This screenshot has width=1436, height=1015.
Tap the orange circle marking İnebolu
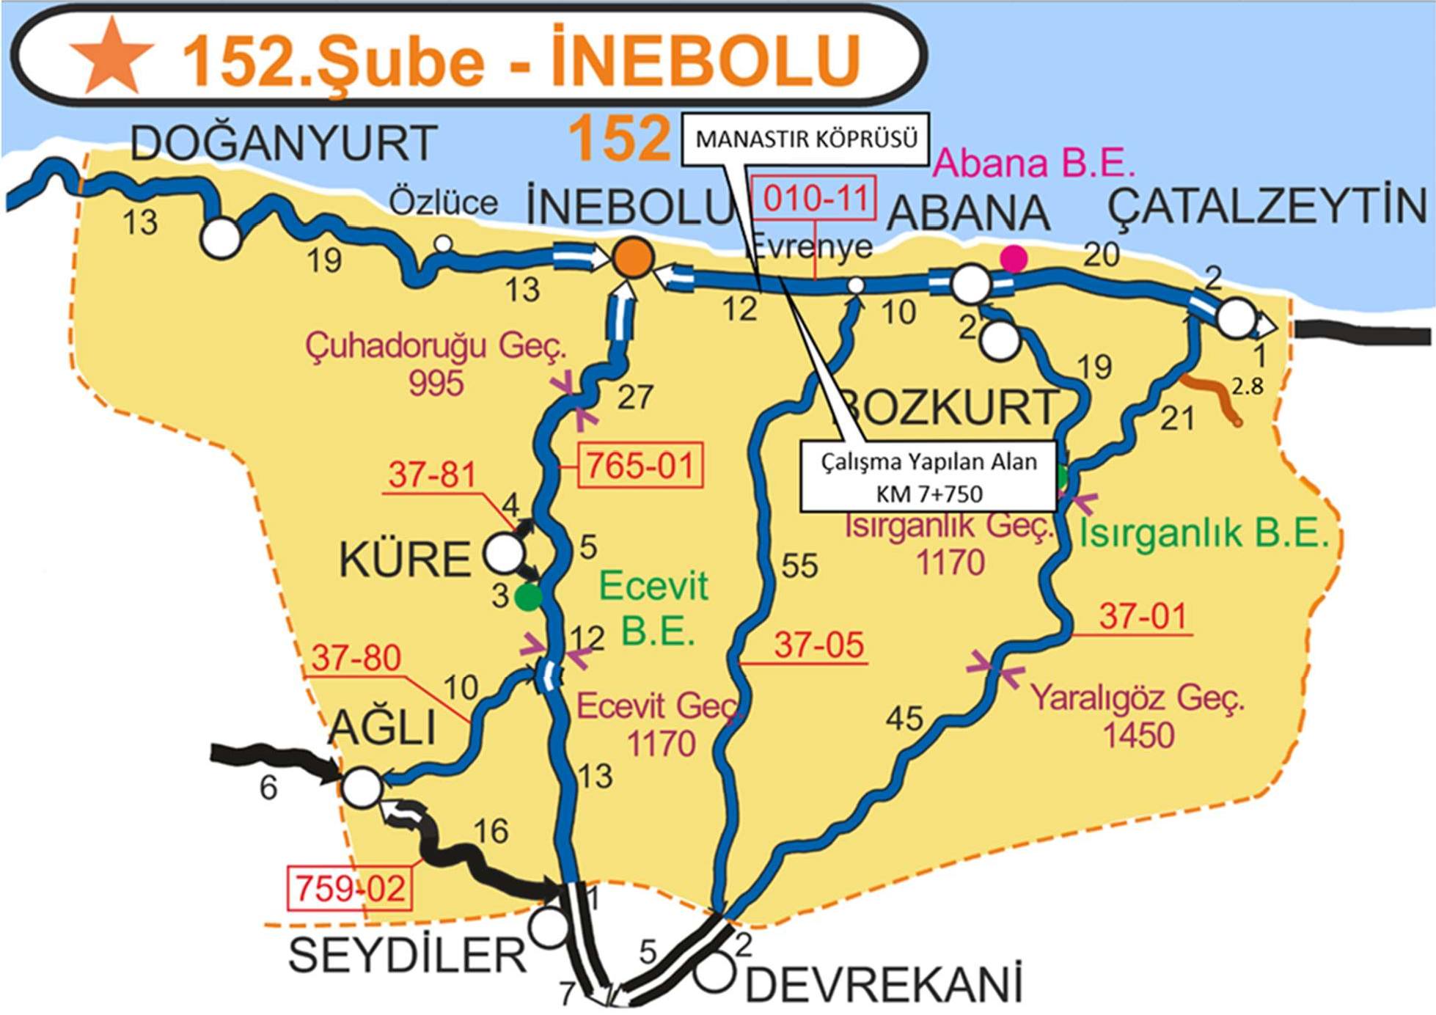pyautogui.click(x=633, y=257)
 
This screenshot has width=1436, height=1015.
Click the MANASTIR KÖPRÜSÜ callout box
pyautogui.click(x=806, y=139)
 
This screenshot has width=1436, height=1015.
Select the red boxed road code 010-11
pyautogui.click(x=814, y=198)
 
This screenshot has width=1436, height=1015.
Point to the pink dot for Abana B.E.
pyautogui.click(x=1014, y=257)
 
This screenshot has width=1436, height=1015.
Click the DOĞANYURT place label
pyautogui.click(x=284, y=143)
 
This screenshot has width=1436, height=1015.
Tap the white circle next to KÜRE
pyautogui.click(x=504, y=554)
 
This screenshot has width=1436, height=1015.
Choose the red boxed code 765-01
pyautogui.click(x=640, y=465)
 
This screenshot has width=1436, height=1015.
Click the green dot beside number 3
pyautogui.click(x=528, y=597)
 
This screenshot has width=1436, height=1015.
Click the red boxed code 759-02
pyautogui.click(x=350, y=889)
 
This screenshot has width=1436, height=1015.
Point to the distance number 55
pyautogui.click(x=799, y=565)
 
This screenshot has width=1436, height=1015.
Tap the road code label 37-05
pyautogui.click(x=819, y=645)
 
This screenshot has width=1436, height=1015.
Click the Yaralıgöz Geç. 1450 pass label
pyautogui.click(x=1138, y=716)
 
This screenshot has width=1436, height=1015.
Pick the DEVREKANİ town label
pyautogui.click(x=884, y=985)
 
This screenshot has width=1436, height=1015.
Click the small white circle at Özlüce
pyautogui.click(x=443, y=243)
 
